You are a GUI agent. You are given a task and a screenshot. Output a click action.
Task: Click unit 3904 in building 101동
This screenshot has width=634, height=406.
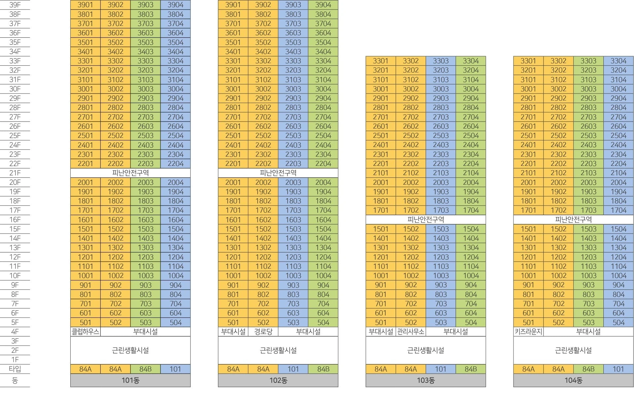175,5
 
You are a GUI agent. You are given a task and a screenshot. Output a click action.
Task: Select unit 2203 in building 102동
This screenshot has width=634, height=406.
293,164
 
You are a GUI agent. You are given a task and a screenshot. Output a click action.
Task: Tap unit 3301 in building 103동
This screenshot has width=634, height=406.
380,61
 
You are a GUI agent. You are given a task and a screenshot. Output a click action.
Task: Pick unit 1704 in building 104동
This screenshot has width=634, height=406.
618,210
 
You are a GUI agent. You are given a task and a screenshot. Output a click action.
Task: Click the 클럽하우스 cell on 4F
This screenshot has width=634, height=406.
85,332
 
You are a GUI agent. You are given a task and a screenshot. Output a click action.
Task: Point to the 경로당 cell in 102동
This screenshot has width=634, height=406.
263,332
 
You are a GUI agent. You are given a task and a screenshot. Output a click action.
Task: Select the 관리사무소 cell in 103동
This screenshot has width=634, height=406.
410,332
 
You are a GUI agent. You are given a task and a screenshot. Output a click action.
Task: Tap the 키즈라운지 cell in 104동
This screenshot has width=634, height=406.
528,332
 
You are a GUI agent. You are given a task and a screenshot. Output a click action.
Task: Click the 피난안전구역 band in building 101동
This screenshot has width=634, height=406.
130,173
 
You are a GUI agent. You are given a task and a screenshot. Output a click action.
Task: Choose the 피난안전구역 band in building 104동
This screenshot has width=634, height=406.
574,219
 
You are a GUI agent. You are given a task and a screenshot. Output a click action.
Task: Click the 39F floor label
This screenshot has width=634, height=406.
15,5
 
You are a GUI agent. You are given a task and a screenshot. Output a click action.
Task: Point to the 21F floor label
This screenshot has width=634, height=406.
15,173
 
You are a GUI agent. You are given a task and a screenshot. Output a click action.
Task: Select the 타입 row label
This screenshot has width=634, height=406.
15,369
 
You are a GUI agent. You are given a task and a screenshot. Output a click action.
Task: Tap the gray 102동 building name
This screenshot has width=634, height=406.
278,380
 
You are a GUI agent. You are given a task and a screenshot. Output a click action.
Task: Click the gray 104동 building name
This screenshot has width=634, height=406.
574,380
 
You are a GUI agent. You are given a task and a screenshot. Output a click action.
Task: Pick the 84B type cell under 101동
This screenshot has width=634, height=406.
145,369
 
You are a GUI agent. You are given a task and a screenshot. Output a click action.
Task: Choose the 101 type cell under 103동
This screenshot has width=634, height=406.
440,369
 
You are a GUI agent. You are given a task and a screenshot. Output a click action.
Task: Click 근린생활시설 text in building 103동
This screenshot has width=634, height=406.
426,350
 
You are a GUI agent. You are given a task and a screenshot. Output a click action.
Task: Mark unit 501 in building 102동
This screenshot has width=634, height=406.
233,322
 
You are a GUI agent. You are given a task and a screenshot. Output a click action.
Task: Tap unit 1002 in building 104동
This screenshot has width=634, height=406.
558,276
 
